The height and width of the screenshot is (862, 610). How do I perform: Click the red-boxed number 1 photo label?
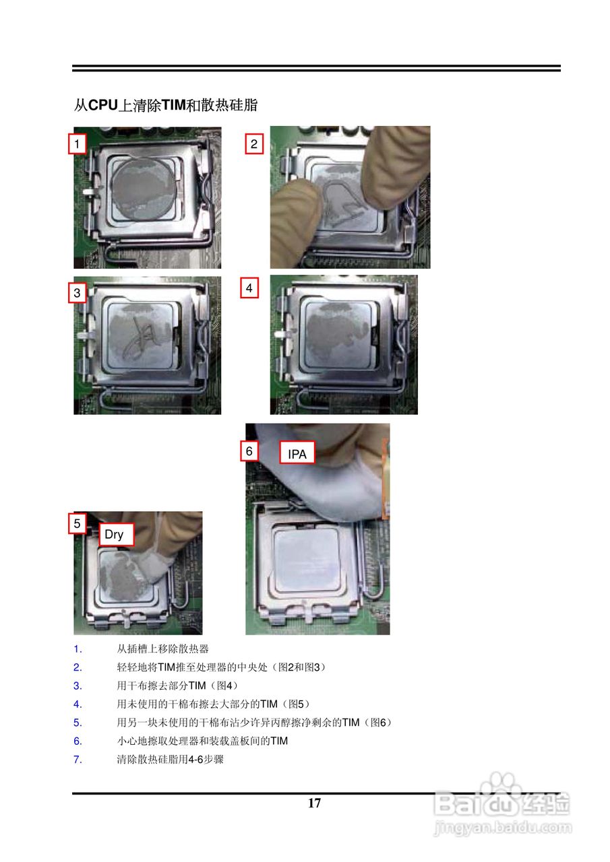point(77,143)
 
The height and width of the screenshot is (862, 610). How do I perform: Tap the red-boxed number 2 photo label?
point(254,143)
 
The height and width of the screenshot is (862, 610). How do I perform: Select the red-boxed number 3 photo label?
point(77,292)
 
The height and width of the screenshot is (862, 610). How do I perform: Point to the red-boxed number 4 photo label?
point(249,288)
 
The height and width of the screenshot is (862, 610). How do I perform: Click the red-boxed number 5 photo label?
point(77,523)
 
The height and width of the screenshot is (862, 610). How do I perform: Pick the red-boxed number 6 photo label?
point(249,451)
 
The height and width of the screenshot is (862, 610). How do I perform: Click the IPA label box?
point(297,453)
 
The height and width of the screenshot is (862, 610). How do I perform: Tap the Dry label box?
point(117,534)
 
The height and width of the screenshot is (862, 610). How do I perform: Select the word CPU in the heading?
point(103,104)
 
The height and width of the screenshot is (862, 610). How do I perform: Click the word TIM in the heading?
point(173,104)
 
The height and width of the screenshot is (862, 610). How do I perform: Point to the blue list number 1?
point(78,649)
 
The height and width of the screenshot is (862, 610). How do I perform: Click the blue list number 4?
point(78,704)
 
